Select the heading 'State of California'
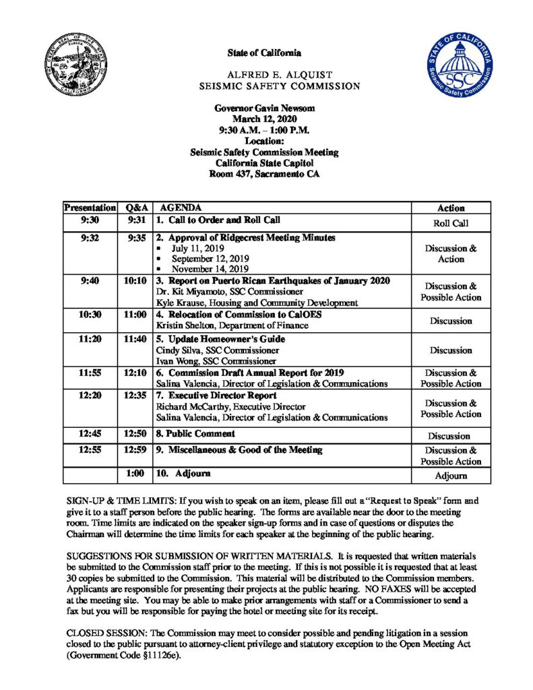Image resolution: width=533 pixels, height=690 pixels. pos(264,53)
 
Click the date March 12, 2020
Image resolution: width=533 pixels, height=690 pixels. pos(264,119)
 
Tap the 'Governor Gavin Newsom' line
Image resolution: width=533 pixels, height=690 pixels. pos(264,108)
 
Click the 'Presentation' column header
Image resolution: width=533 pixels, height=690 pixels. pos(90,208)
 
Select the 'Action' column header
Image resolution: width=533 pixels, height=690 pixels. pos(451,208)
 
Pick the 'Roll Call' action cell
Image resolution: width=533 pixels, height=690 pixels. pos(451,223)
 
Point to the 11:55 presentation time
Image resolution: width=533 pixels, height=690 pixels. pos(90,373)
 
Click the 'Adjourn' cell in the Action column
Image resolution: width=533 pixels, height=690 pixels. pos(451,476)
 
